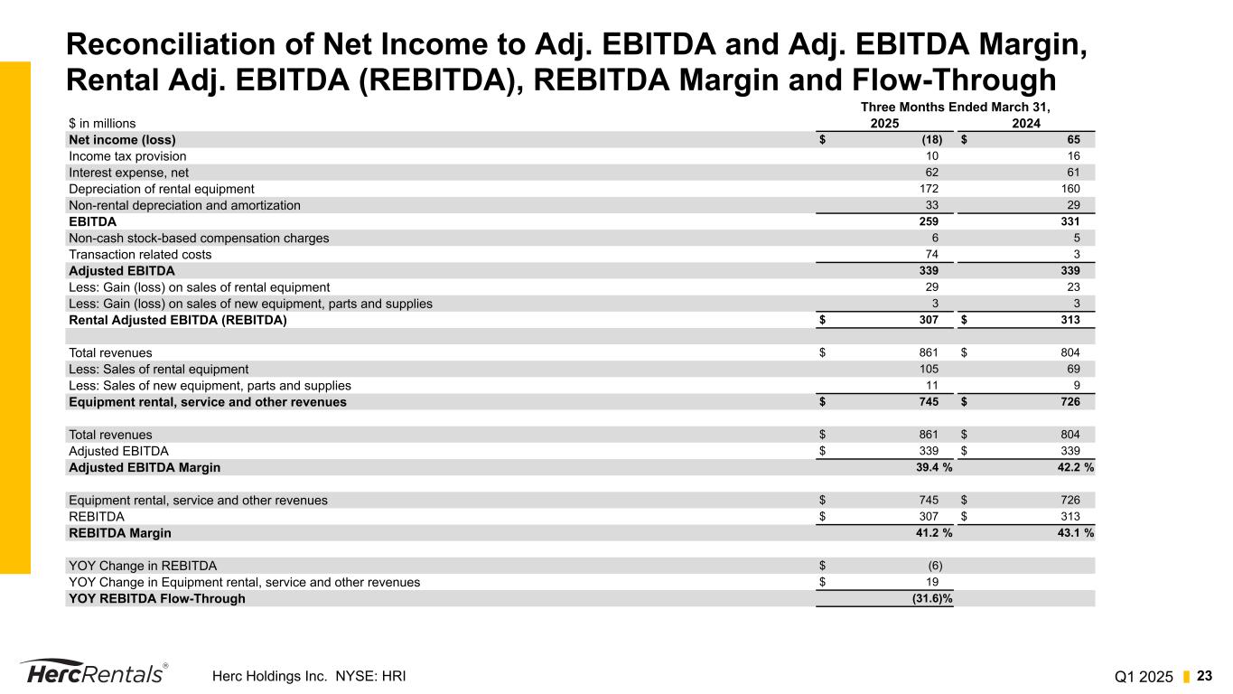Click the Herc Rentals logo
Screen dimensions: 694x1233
pos(93,673)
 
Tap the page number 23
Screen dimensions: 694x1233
pos(1206,676)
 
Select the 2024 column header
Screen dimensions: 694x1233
pos(1025,124)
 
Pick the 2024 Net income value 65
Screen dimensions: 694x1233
pos(1072,140)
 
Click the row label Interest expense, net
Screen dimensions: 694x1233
pos(128,173)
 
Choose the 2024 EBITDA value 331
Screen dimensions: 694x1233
pos(1070,221)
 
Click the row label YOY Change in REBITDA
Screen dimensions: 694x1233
pos(143,566)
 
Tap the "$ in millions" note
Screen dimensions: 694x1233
pos(102,124)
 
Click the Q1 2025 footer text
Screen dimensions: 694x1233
pos(1144,676)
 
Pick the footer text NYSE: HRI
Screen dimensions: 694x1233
pos(365,675)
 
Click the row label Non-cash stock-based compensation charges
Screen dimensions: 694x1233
pos(199,239)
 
